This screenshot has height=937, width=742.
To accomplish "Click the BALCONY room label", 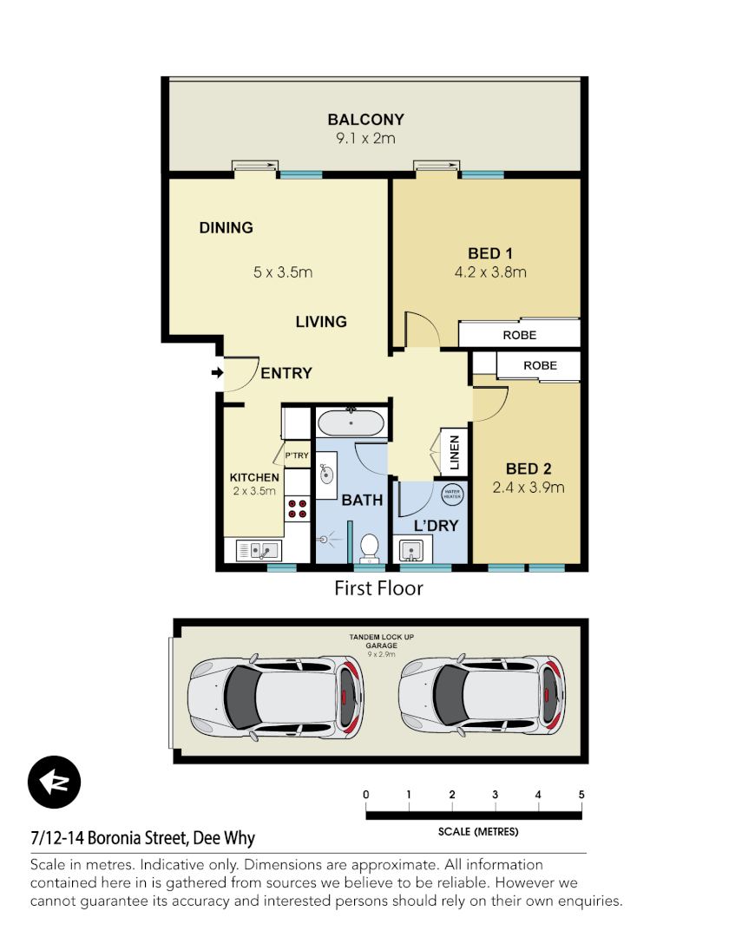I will (365, 120).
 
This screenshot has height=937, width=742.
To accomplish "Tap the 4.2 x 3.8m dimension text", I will (490, 272).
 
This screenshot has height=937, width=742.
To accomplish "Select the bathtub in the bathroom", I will (351, 423).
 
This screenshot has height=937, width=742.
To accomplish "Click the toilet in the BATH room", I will (369, 547).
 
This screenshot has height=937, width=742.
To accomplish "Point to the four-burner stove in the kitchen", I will (298, 508).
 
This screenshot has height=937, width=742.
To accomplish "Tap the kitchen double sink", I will (258, 550).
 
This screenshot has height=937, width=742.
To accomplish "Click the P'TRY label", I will (297, 455).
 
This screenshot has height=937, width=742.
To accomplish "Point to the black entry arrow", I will (216, 373).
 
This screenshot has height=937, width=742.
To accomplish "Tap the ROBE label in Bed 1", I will (519, 335).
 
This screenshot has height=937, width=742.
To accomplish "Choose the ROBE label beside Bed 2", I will (540, 366).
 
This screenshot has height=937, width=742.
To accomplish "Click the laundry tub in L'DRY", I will (411, 549).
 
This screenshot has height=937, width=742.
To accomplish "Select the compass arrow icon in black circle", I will (54, 783).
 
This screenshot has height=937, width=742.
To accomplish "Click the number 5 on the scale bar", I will (581, 795).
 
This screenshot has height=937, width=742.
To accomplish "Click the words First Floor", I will (378, 588).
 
